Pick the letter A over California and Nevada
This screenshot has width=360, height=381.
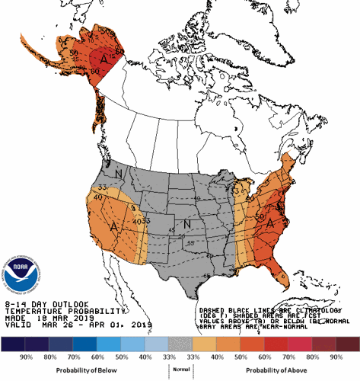113,226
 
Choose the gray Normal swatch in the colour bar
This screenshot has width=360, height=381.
180,344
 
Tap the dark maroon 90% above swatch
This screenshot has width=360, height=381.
347,344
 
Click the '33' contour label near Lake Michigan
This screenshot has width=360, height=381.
235,185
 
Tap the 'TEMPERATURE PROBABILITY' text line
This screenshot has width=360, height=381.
64,311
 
